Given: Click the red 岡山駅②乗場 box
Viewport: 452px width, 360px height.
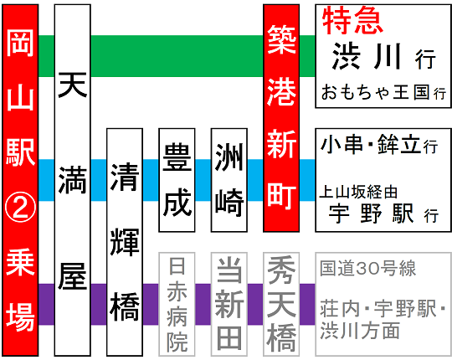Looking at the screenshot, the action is (20, 180).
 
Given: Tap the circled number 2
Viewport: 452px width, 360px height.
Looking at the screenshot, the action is (20, 208).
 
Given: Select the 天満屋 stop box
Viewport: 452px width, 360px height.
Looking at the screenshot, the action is (73, 180).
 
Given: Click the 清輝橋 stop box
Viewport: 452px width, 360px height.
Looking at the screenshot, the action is (125, 242).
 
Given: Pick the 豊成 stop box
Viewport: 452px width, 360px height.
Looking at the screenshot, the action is (177, 180).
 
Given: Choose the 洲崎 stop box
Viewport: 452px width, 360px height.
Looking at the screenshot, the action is (229, 180).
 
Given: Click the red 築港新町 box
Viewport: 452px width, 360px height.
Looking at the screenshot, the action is (281, 118).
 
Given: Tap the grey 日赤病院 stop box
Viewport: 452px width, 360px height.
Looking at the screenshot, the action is (177, 305).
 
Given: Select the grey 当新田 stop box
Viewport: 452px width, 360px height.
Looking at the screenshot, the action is (229, 305).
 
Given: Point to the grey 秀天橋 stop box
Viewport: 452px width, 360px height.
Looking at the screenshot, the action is (281, 305).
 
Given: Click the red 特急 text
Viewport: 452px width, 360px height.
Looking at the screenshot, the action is (352, 20).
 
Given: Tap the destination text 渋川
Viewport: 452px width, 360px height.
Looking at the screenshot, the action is (366, 56).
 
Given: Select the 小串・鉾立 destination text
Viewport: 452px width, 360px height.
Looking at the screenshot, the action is (371, 144).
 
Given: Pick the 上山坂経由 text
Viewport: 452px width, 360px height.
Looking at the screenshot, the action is (358, 192).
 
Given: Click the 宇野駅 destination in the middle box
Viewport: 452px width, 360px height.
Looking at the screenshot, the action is (372, 213).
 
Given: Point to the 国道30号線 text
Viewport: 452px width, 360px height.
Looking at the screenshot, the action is (367, 269).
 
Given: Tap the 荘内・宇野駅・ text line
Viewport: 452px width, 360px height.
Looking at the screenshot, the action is (383, 308).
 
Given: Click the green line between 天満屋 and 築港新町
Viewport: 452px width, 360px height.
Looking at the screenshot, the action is (177, 56).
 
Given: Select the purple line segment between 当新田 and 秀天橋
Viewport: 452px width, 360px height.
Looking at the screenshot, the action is (255, 305).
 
